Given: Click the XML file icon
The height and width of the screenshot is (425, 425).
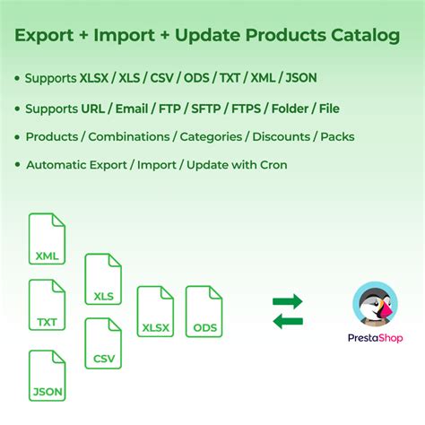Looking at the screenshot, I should (47, 239).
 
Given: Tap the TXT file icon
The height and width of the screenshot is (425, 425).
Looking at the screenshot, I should (47, 305).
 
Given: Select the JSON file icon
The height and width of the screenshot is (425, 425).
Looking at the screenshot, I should (47, 375).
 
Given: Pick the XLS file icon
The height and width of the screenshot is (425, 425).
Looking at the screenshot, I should (103, 279).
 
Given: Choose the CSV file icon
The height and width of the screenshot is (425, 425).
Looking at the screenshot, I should (103, 343).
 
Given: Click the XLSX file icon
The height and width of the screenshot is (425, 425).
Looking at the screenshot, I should (155, 311).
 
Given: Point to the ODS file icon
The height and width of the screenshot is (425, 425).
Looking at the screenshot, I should (204, 311).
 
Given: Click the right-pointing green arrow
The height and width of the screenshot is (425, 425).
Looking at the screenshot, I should (287, 301).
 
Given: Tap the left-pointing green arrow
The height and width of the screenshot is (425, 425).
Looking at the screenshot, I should (287, 321).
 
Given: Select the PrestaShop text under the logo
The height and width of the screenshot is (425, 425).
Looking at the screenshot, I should (375, 339).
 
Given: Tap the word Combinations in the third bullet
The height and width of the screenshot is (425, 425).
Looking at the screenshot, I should (132, 137).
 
